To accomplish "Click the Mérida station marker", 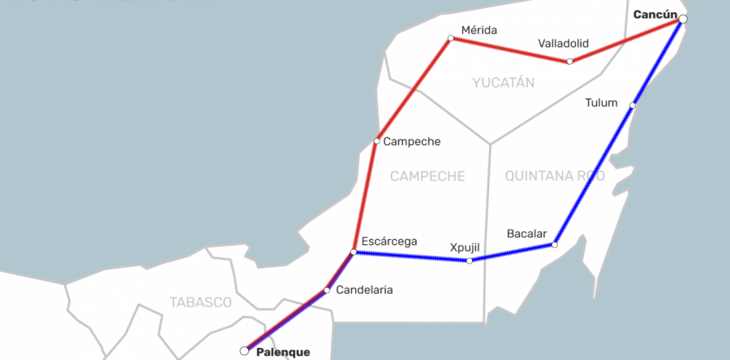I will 451,38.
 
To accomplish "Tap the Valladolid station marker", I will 570,62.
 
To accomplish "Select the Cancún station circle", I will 683,19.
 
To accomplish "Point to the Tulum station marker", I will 633,105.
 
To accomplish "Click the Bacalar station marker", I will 555,244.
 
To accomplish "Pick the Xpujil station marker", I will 470,260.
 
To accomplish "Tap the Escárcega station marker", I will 354,253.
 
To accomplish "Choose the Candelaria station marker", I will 327,289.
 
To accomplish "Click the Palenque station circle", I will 244,351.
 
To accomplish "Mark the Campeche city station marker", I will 376,141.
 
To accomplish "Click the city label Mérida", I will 479,31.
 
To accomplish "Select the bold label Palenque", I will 283,353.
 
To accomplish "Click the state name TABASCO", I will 200,302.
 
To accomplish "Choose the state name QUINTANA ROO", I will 555,176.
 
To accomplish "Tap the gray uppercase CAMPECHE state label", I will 427,176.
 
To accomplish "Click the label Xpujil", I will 466,247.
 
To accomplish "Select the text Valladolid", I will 563,43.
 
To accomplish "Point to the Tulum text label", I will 601,103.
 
